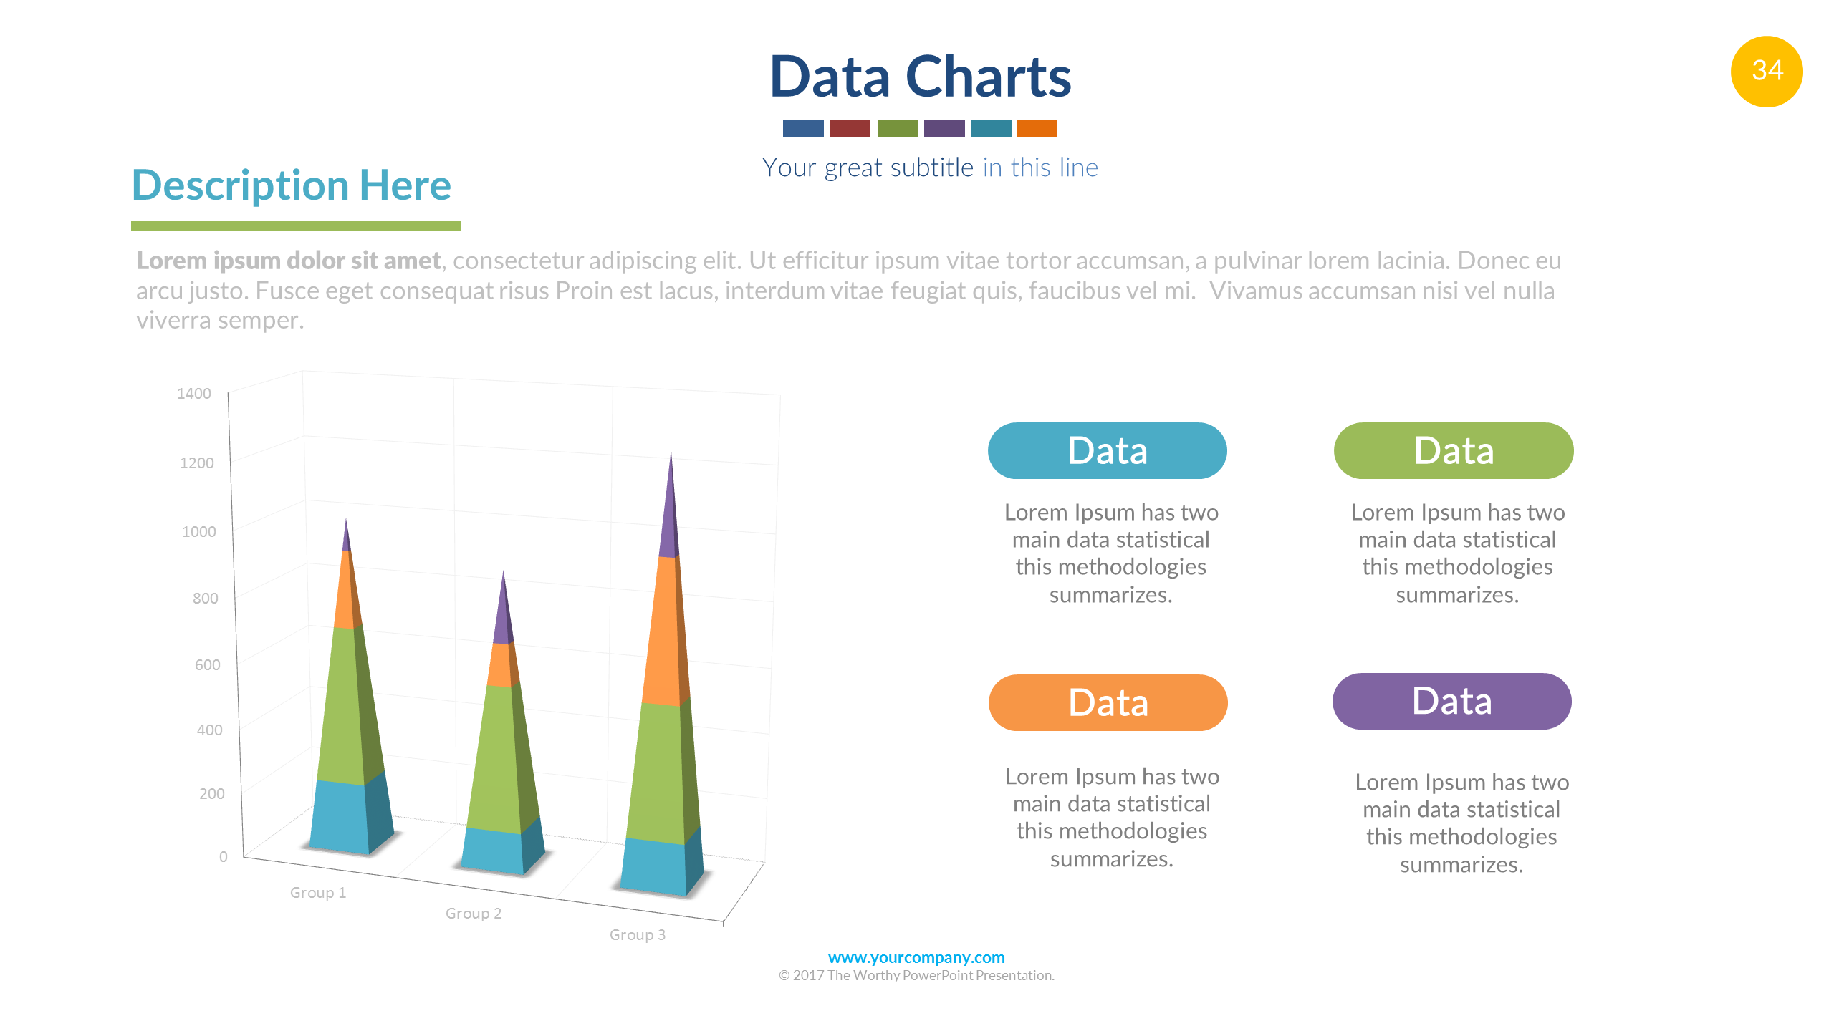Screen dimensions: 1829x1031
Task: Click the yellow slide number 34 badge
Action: (x=1766, y=71)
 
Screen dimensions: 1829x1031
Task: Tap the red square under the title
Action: (x=850, y=128)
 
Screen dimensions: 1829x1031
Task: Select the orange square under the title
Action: (x=1037, y=128)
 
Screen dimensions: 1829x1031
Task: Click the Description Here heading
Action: (x=292, y=185)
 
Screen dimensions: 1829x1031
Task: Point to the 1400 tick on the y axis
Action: (x=194, y=393)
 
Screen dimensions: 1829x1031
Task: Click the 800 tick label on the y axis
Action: (x=206, y=598)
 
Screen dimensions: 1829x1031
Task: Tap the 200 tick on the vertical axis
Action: (x=212, y=793)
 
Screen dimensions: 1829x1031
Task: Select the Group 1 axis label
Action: (x=318, y=892)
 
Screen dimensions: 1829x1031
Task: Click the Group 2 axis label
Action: (x=474, y=913)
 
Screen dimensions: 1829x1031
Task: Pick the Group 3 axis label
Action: (x=638, y=934)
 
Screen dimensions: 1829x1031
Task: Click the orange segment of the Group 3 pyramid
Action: (x=665, y=630)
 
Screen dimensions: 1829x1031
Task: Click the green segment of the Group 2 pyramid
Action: (x=501, y=759)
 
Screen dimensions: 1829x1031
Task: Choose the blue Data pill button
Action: (x=1107, y=450)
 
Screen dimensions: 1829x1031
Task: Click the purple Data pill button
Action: (x=1451, y=701)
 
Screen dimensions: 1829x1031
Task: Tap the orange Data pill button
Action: (x=1108, y=702)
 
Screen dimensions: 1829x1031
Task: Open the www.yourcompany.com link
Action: (x=916, y=957)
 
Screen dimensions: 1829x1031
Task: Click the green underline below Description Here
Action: (x=296, y=226)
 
